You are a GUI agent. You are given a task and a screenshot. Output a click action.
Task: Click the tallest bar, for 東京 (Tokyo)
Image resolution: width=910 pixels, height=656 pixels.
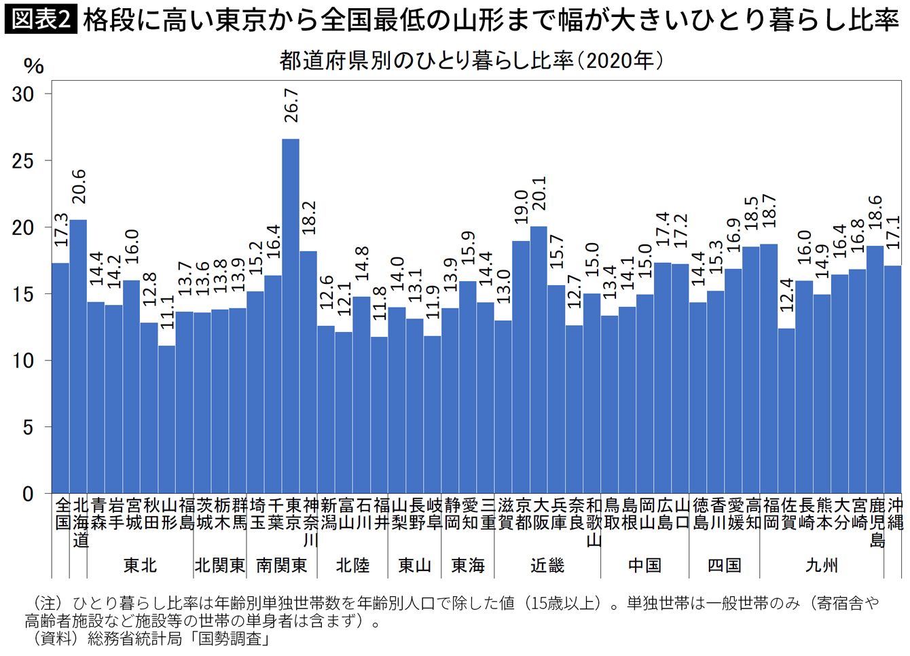click(x=291, y=316)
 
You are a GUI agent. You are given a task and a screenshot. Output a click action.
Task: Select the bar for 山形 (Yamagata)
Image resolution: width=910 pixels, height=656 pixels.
click(x=166, y=420)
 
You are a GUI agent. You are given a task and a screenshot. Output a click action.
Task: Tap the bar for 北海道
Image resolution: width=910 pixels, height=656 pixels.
click(x=78, y=357)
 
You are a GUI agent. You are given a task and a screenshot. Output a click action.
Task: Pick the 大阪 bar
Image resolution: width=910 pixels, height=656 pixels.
click(x=539, y=360)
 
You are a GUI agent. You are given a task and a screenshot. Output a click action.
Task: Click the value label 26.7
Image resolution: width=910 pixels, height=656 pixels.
click(x=291, y=106)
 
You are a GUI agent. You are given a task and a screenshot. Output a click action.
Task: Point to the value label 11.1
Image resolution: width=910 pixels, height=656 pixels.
click(x=167, y=312)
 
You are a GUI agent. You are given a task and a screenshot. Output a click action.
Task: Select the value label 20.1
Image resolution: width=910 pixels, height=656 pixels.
click(x=539, y=194)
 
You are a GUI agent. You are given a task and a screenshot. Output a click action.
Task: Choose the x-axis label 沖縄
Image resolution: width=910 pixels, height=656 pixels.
click(x=893, y=514)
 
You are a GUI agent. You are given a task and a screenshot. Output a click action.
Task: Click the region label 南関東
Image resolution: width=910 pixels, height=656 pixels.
click(x=282, y=566)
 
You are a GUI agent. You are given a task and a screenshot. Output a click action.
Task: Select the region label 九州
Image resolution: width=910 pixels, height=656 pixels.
click(x=822, y=566)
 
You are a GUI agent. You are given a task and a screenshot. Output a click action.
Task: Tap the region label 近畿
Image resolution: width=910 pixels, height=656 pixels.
click(x=547, y=566)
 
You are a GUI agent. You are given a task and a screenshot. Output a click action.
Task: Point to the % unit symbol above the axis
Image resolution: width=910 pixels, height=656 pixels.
click(x=34, y=66)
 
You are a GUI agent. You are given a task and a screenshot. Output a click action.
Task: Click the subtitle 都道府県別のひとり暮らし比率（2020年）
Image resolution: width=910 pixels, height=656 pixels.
click(x=472, y=61)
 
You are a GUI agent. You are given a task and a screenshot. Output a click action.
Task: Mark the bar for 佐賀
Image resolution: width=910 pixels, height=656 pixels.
click(x=786, y=411)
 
